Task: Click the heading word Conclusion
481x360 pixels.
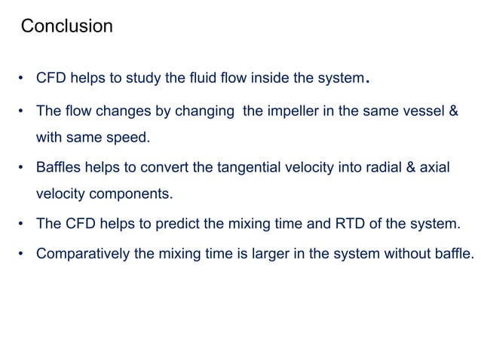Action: click(x=66, y=27)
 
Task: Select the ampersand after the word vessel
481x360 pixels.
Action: click(x=453, y=110)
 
